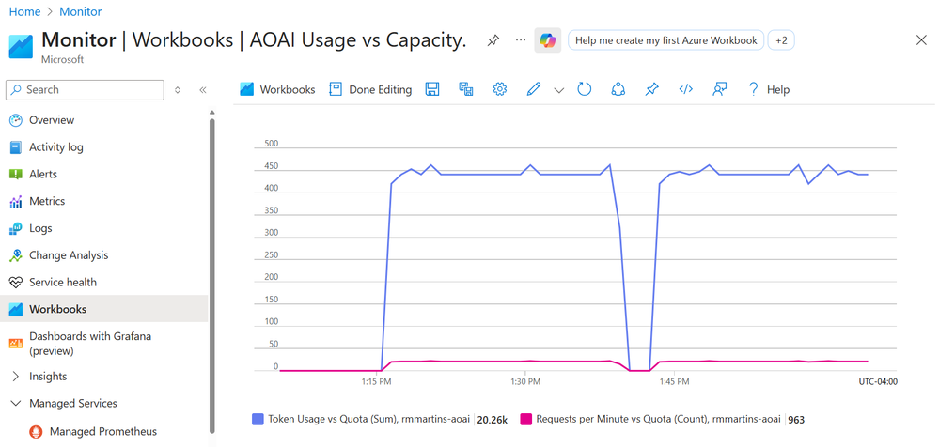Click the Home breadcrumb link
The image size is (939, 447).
(24, 12)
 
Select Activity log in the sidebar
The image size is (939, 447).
(55, 147)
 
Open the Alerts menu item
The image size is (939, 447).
(42, 175)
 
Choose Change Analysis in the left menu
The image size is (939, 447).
(68, 255)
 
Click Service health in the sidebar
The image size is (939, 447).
(62, 283)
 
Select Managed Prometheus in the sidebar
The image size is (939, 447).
(102, 432)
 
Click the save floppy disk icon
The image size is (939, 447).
(432, 89)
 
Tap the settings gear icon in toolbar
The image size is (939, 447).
(500, 89)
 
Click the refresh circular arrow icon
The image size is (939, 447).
(585, 89)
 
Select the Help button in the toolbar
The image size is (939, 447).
(768, 89)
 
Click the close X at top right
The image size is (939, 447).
(921, 40)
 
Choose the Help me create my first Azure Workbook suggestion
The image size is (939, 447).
(665, 40)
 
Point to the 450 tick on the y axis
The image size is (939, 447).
(271, 167)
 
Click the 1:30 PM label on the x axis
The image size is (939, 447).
(525, 382)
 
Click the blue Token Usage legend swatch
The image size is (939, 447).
(258, 420)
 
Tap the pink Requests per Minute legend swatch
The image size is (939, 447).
(525, 420)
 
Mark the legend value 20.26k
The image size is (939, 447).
(493, 420)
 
